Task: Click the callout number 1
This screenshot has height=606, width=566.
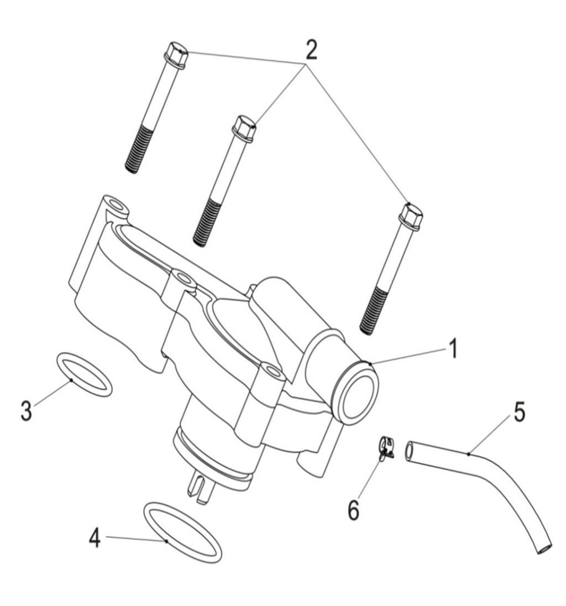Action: click(454, 348)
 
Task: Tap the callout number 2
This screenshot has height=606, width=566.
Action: click(311, 49)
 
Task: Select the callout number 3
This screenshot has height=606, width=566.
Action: click(27, 410)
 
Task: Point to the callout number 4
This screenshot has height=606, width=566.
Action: click(95, 537)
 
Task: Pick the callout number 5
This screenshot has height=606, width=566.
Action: click(520, 412)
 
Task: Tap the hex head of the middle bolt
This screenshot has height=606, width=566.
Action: click(244, 128)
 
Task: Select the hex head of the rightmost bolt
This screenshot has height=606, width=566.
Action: click(410, 216)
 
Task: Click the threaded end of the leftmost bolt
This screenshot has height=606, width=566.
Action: click(138, 149)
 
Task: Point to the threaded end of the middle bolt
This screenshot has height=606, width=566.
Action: click(207, 223)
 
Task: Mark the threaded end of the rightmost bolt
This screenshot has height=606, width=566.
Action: click(373, 310)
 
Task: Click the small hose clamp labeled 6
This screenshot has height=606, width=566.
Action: click(385, 448)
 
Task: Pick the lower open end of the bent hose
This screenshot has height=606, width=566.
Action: click(545, 549)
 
